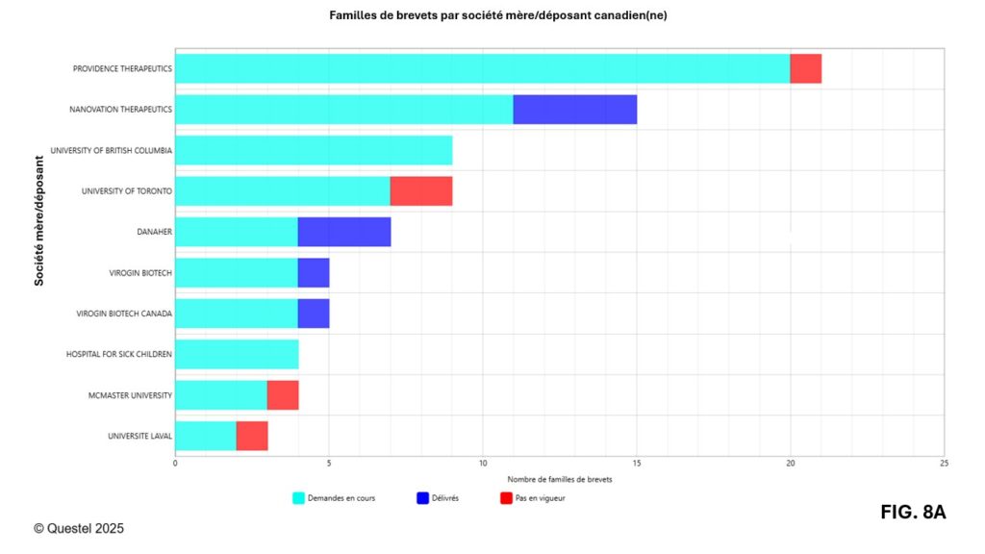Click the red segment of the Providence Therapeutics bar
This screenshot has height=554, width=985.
(x=806, y=69)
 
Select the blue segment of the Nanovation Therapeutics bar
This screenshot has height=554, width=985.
(x=575, y=110)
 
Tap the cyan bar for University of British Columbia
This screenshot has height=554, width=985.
(x=314, y=150)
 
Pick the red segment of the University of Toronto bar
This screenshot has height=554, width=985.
(x=421, y=191)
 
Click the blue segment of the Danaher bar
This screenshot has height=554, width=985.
(x=344, y=232)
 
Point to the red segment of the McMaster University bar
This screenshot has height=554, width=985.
(x=283, y=395)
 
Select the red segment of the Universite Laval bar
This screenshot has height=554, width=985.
(x=252, y=436)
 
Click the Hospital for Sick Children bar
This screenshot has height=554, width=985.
(x=237, y=354)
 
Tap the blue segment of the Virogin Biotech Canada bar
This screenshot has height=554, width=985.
(x=314, y=314)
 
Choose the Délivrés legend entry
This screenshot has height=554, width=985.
(x=438, y=498)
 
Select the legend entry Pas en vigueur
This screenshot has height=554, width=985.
(x=532, y=498)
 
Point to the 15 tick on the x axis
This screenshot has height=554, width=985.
(x=637, y=464)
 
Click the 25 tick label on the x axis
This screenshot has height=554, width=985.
(x=944, y=464)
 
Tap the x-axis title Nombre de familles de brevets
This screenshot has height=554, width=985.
(x=559, y=479)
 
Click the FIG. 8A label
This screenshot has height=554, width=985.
(x=913, y=513)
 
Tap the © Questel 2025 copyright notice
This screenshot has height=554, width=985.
(x=79, y=528)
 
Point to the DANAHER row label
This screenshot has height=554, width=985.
(x=155, y=232)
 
